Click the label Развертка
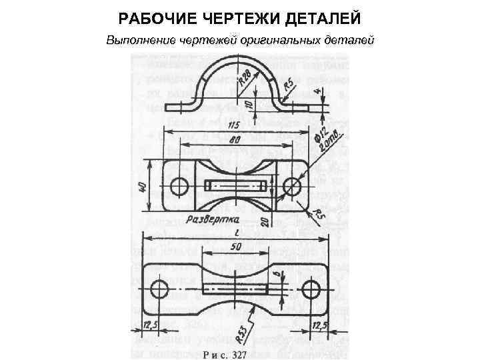coord(212,219)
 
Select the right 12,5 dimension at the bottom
coord(321,325)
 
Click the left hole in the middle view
coord(179,186)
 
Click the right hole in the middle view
coord(291,186)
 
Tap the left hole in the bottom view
coord(159,289)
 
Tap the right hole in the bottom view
coord(310,289)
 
